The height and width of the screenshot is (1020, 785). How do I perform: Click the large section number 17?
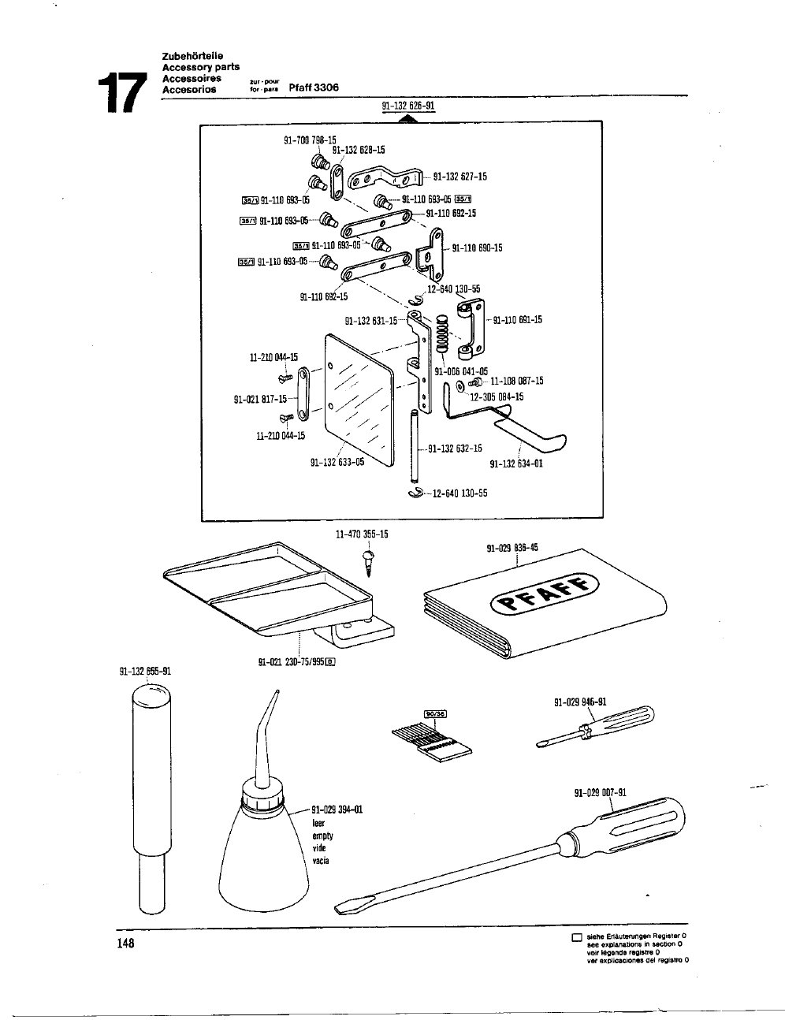121,92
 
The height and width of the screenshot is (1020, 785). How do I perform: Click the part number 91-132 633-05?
337,463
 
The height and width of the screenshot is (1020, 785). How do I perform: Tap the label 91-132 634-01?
516,463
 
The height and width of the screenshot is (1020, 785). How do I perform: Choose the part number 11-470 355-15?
362,534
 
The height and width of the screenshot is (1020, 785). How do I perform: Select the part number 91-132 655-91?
145,672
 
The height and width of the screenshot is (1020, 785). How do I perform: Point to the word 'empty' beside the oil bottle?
323,836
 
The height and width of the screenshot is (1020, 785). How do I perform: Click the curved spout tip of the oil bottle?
277,693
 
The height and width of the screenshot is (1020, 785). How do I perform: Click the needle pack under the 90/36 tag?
426,738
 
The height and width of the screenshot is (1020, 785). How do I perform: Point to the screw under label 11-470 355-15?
366,563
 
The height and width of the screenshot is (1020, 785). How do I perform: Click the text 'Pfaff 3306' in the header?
314,87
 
